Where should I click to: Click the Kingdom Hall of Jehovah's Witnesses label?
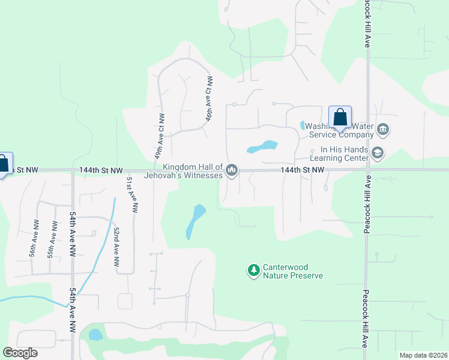pyautogui.click(x=184, y=171)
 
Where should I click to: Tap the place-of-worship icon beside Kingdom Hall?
pyautogui.click(x=232, y=172)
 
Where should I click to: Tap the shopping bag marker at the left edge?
pyautogui.click(x=2, y=164)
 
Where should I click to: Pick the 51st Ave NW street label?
pyautogui.click(x=132, y=194)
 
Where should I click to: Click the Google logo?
pyautogui.click(x=20, y=353)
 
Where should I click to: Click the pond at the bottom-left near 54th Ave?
pyautogui.click(x=95, y=334)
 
